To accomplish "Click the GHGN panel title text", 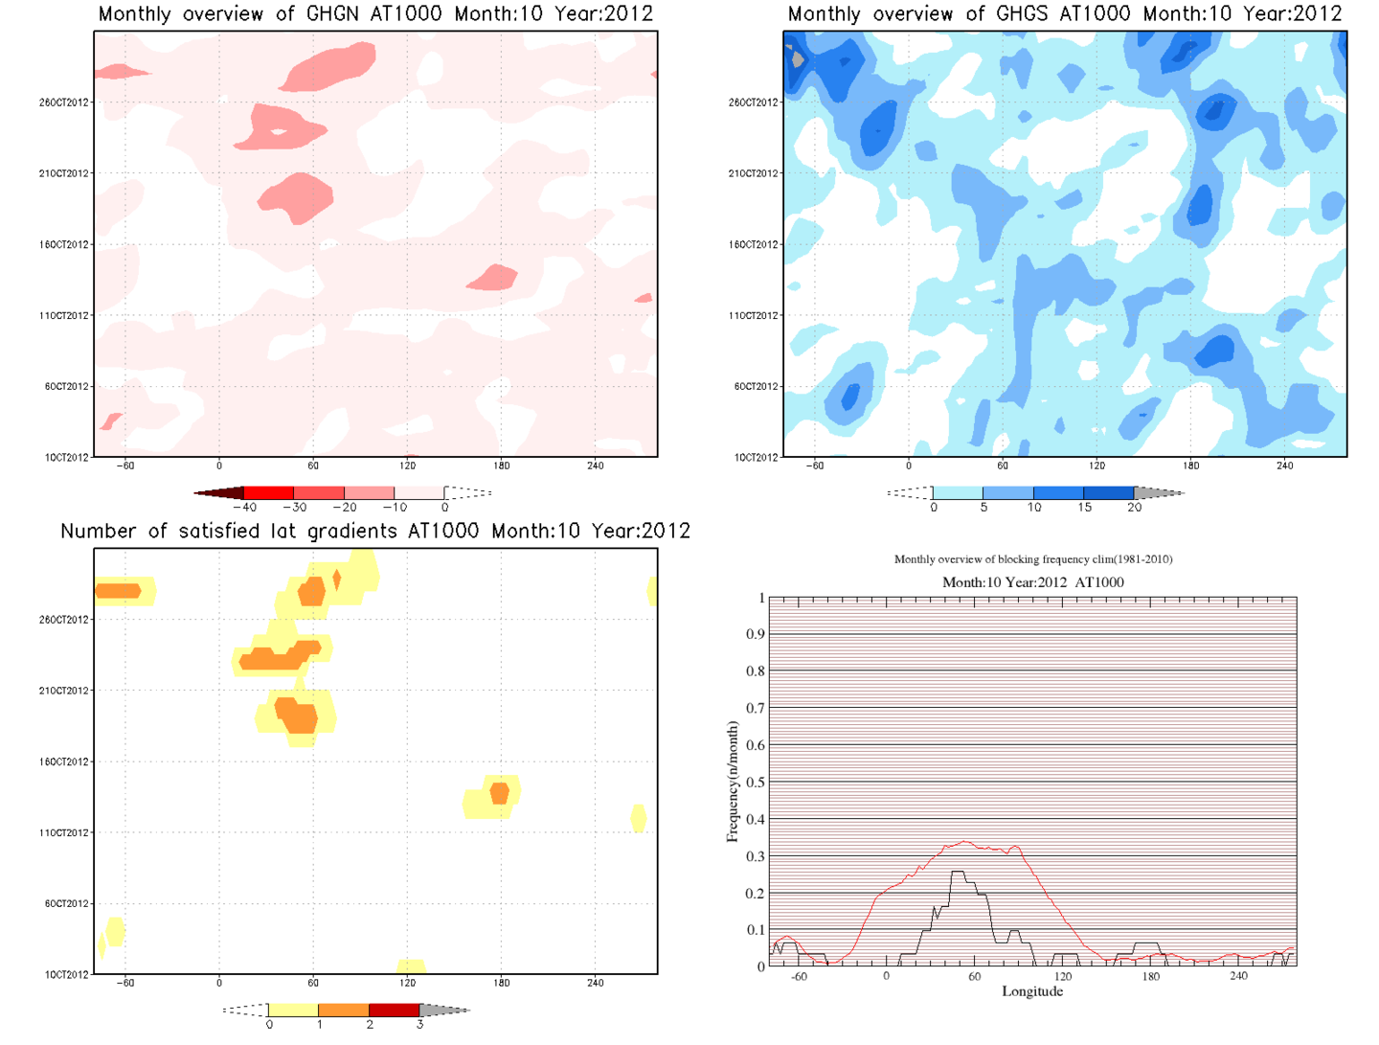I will coord(375,14).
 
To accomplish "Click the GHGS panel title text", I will coord(1064,14).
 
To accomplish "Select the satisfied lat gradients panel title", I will coord(375,532).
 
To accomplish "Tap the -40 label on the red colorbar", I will coord(245,508).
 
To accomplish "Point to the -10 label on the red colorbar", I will coord(395,508).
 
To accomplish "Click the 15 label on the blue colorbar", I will coord(1084,508).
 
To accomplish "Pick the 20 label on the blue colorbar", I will coord(1135,508).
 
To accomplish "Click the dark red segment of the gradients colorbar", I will coord(394,1011).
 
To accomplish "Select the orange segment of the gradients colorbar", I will coord(343,1011).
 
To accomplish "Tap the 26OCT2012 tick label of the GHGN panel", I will coord(64,102).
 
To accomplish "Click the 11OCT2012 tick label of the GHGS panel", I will coord(754,315).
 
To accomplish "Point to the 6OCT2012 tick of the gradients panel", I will coord(66,904).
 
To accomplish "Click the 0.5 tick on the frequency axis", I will coord(756,783).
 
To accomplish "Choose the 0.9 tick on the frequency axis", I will coord(756,634).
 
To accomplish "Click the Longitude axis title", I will coord(1032,991).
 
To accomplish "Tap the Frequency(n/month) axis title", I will coord(733,783).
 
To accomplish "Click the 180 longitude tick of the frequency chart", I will coord(1150,976).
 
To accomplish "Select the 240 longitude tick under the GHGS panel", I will coord(1284,466).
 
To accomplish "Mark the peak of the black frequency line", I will coord(958,873).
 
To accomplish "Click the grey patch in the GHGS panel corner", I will coord(798,59).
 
